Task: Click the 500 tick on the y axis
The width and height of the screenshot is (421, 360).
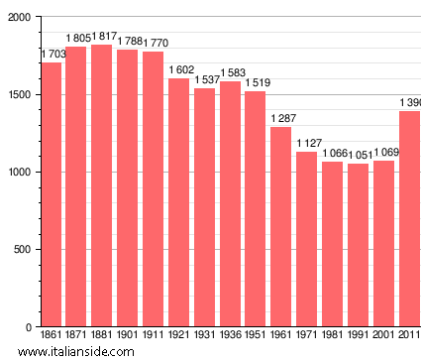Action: coord(21,250)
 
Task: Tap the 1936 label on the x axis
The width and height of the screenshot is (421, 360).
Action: coord(230,335)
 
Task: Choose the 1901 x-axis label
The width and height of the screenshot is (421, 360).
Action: coord(128,335)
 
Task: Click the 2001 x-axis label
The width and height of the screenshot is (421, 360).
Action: coord(383,335)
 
